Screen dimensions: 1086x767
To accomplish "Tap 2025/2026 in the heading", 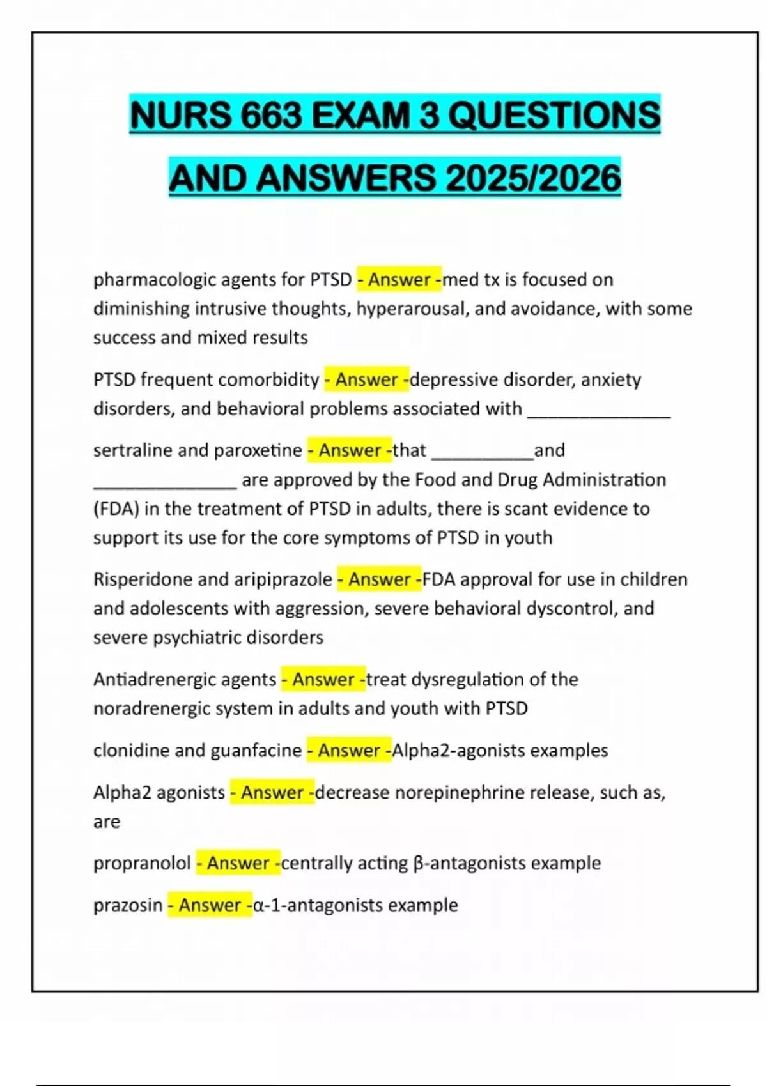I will coord(533,178).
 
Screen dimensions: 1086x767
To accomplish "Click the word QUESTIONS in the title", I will coord(554,115).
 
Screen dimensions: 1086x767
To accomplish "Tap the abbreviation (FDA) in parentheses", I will coord(116,509).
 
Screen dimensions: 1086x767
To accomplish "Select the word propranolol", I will coord(142,863).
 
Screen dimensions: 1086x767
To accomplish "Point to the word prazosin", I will coord(128,905).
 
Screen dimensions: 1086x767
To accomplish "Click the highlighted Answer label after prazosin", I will coord(210,905).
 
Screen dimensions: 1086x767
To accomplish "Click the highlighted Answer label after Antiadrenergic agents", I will coord(323,679).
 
